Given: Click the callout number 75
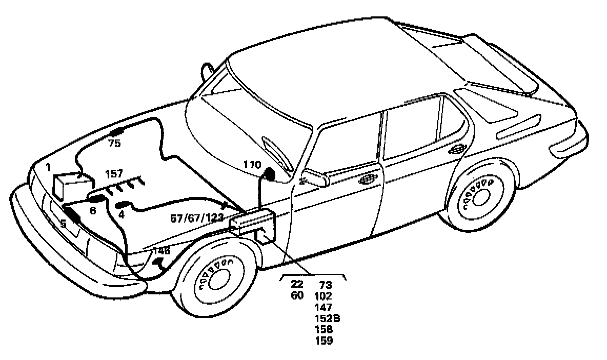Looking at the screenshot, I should point(114,144).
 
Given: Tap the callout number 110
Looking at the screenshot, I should point(252,165).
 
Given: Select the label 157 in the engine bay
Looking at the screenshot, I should point(114,174).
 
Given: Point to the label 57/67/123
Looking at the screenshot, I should point(197,218).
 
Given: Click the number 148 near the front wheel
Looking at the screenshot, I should point(161,251).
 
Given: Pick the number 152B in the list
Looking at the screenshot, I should point(328,318).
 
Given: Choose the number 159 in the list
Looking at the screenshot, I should point(324,341).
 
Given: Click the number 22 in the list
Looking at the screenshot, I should point(297,285).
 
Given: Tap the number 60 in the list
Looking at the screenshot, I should point(297,296).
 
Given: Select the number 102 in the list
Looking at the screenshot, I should point(324,296).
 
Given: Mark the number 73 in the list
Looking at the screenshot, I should point(326,285).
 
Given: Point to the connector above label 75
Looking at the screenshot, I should point(118,132).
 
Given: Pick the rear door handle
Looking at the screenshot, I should point(456,150).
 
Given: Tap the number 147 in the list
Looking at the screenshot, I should point(324,307).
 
